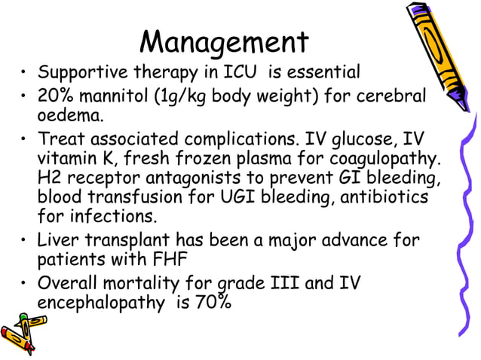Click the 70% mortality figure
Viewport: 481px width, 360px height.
tap(214, 304)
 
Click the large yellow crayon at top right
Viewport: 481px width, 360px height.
tap(440, 53)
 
